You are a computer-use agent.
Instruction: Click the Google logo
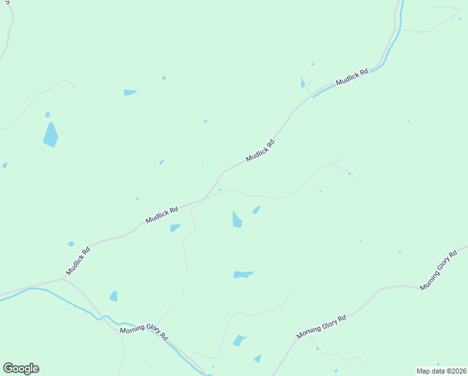(21, 368)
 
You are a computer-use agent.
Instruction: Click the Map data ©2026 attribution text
(441, 371)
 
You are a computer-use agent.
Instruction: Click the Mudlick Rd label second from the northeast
(260, 151)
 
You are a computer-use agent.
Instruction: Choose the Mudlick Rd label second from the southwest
(162, 215)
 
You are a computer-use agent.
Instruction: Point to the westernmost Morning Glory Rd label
(145, 332)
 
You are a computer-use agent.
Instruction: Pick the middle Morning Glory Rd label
(322, 328)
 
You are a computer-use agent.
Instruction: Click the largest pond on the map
(50, 134)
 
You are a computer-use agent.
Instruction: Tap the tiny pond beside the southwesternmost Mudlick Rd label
(71, 244)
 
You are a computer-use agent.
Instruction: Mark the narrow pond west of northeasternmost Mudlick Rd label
(303, 83)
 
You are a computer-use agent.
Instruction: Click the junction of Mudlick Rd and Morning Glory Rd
(65, 279)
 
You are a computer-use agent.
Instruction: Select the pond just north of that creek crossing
(113, 296)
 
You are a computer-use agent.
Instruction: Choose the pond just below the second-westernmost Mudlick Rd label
(175, 227)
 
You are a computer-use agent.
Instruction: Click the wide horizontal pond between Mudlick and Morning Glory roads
(243, 274)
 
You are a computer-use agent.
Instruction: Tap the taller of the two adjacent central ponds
(237, 219)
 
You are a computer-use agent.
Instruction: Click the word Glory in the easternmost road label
(440, 271)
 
